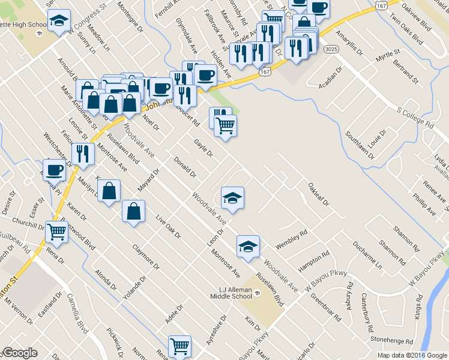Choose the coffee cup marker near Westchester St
tap(54, 169)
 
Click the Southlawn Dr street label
tap(359, 146)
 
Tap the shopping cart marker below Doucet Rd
tap(226, 126)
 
